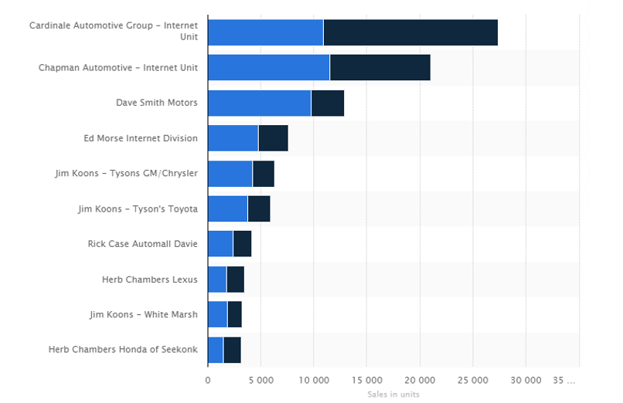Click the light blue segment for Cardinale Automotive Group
pyautogui.click(x=265, y=32)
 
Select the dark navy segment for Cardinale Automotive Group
pyautogui.click(x=410, y=32)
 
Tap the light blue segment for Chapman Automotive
pyautogui.click(x=268, y=68)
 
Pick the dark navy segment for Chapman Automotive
pyautogui.click(x=380, y=68)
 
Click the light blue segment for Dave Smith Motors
pyautogui.click(x=259, y=103)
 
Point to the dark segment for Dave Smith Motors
pyautogui.click(x=327, y=103)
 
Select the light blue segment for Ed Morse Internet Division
pyautogui.click(x=233, y=138)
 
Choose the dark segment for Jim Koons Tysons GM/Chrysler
pyautogui.click(x=263, y=174)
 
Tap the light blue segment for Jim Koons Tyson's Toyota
pyautogui.click(x=227, y=209)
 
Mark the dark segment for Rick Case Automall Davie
pyautogui.click(x=242, y=244)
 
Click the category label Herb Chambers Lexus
pyautogui.click(x=149, y=279)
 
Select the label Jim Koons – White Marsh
pyautogui.click(x=143, y=314)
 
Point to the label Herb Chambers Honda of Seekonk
pyautogui.click(x=123, y=350)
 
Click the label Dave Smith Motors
pyautogui.click(x=157, y=103)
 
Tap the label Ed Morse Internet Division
pyautogui.click(x=141, y=138)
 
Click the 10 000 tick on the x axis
pyautogui.click(x=313, y=381)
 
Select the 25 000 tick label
pyautogui.click(x=472, y=381)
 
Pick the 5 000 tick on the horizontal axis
pyautogui.click(x=260, y=381)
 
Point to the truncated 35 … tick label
pyautogui.click(x=565, y=381)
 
